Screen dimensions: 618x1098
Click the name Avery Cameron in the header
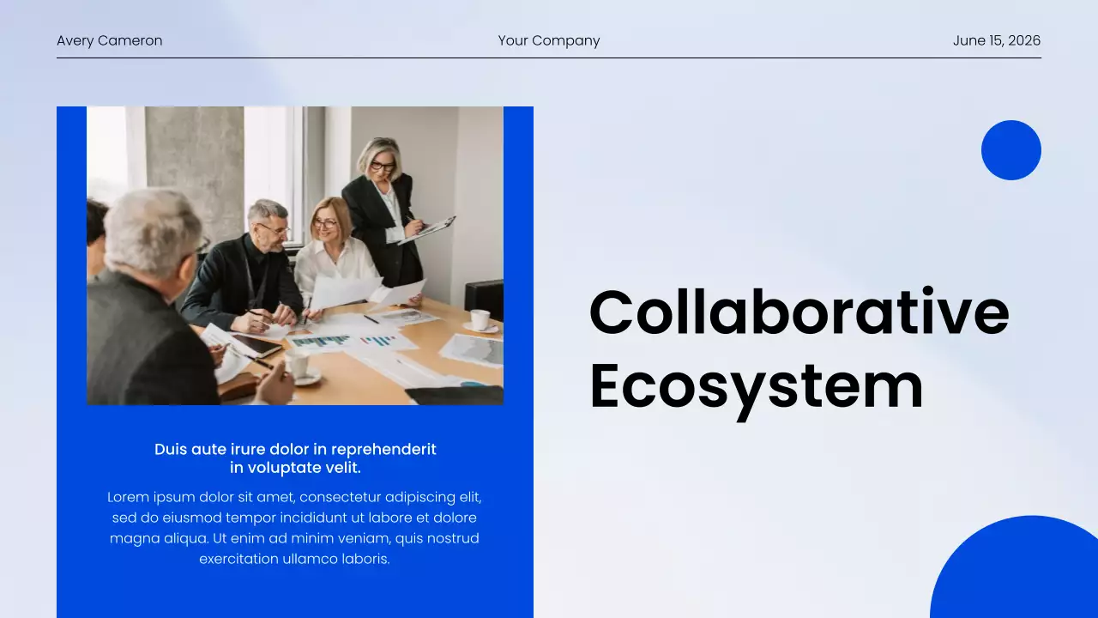109,40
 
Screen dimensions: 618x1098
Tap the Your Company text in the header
549,40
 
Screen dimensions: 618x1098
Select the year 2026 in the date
1024,40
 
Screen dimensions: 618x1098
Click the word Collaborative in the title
799,312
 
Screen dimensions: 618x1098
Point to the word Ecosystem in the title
756,385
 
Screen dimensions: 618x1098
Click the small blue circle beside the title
1011,150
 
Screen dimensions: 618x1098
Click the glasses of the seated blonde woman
326,223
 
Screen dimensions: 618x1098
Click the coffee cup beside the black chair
480,319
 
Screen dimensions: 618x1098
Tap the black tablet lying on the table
255,345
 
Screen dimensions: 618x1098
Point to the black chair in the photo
485,297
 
